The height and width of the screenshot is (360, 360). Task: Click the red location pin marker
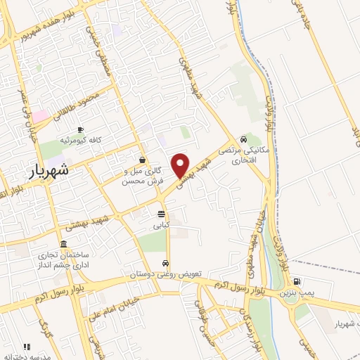click(181, 165)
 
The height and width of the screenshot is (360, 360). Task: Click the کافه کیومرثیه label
click(80, 141)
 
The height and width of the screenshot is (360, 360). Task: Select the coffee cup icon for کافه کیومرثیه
click(80, 129)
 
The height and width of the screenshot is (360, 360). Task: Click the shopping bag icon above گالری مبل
click(143, 160)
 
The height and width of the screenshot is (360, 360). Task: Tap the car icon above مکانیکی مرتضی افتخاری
click(243, 139)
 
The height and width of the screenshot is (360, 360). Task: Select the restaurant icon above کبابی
click(162, 214)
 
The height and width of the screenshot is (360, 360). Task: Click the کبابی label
click(162, 226)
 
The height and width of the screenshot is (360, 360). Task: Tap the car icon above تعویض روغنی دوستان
click(165, 263)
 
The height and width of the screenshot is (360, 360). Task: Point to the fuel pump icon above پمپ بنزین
click(295, 279)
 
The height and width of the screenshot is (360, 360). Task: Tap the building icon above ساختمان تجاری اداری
click(64, 244)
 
